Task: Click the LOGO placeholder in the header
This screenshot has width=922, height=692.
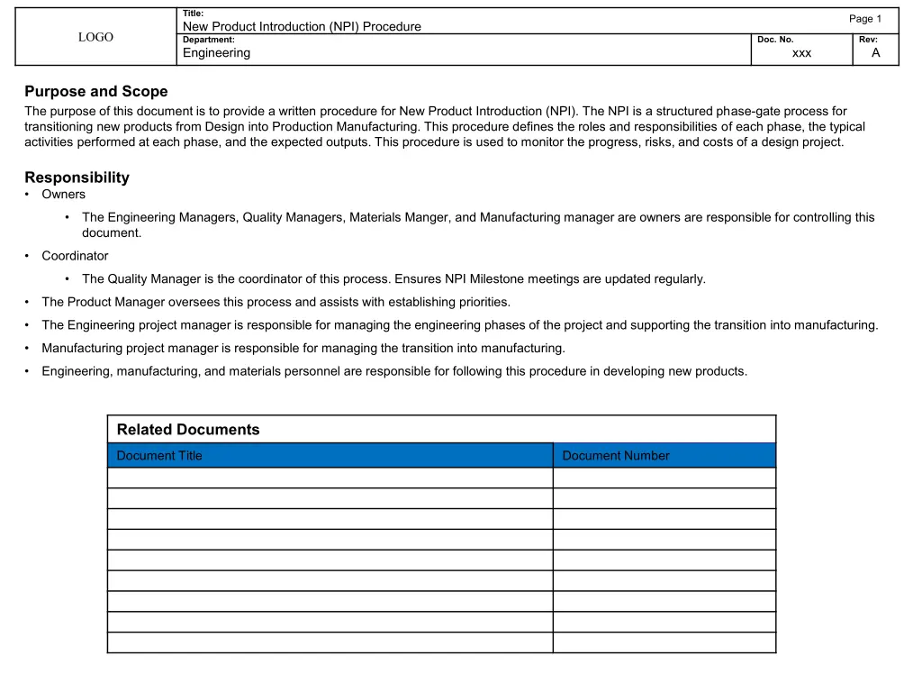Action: click(x=95, y=37)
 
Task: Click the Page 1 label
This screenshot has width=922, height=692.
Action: click(x=864, y=19)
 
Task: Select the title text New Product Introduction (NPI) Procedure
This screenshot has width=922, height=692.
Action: click(x=302, y=27)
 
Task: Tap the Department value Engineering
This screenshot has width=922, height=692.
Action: click(x=216, y=53)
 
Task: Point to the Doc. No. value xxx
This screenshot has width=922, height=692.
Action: click(x=801, y=53)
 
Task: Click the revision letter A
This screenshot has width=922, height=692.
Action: click(x=875, y=53)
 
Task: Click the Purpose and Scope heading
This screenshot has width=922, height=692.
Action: click(x=95, y=91)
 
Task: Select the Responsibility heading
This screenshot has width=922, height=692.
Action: click(x=77, y=178)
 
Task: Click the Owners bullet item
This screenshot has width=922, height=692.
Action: click(x=63, y=195)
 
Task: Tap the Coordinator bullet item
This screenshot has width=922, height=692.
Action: click(x=75, y=256)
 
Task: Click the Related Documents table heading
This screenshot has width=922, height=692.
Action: click(x=188, y=430)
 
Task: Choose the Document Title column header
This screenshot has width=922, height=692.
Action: click(x=159, y=456)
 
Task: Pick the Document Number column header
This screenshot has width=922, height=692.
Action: click(x=616, y=456)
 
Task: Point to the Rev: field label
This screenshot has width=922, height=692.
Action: click(x=867, y=40)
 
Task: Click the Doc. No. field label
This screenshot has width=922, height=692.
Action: click(x=775, y=40)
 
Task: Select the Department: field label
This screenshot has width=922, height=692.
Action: click(x=208, y=40)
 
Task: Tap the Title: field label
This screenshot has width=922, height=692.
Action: click(x=193, y=14)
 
